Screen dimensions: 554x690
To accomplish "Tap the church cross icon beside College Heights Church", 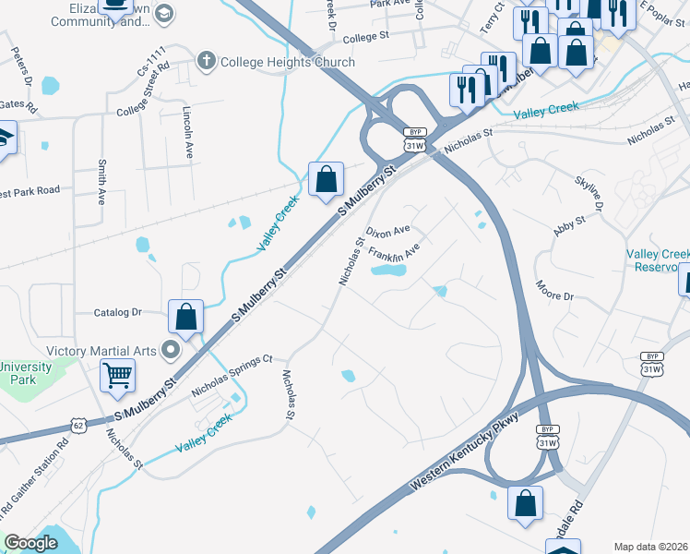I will (x=206, y=63).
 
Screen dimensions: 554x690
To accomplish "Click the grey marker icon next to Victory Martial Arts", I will (x=170, y=351).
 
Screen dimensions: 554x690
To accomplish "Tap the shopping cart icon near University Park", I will (x=118, y=375).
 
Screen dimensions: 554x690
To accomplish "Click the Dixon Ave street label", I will (x=387, y=230).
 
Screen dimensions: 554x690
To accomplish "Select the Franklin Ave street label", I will (x=394, y=250).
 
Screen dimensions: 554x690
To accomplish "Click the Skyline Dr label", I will (x=589, y=193).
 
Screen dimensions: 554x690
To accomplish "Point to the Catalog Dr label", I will (x=117, y=312).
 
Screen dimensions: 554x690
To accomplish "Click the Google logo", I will (x=30, y=543).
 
